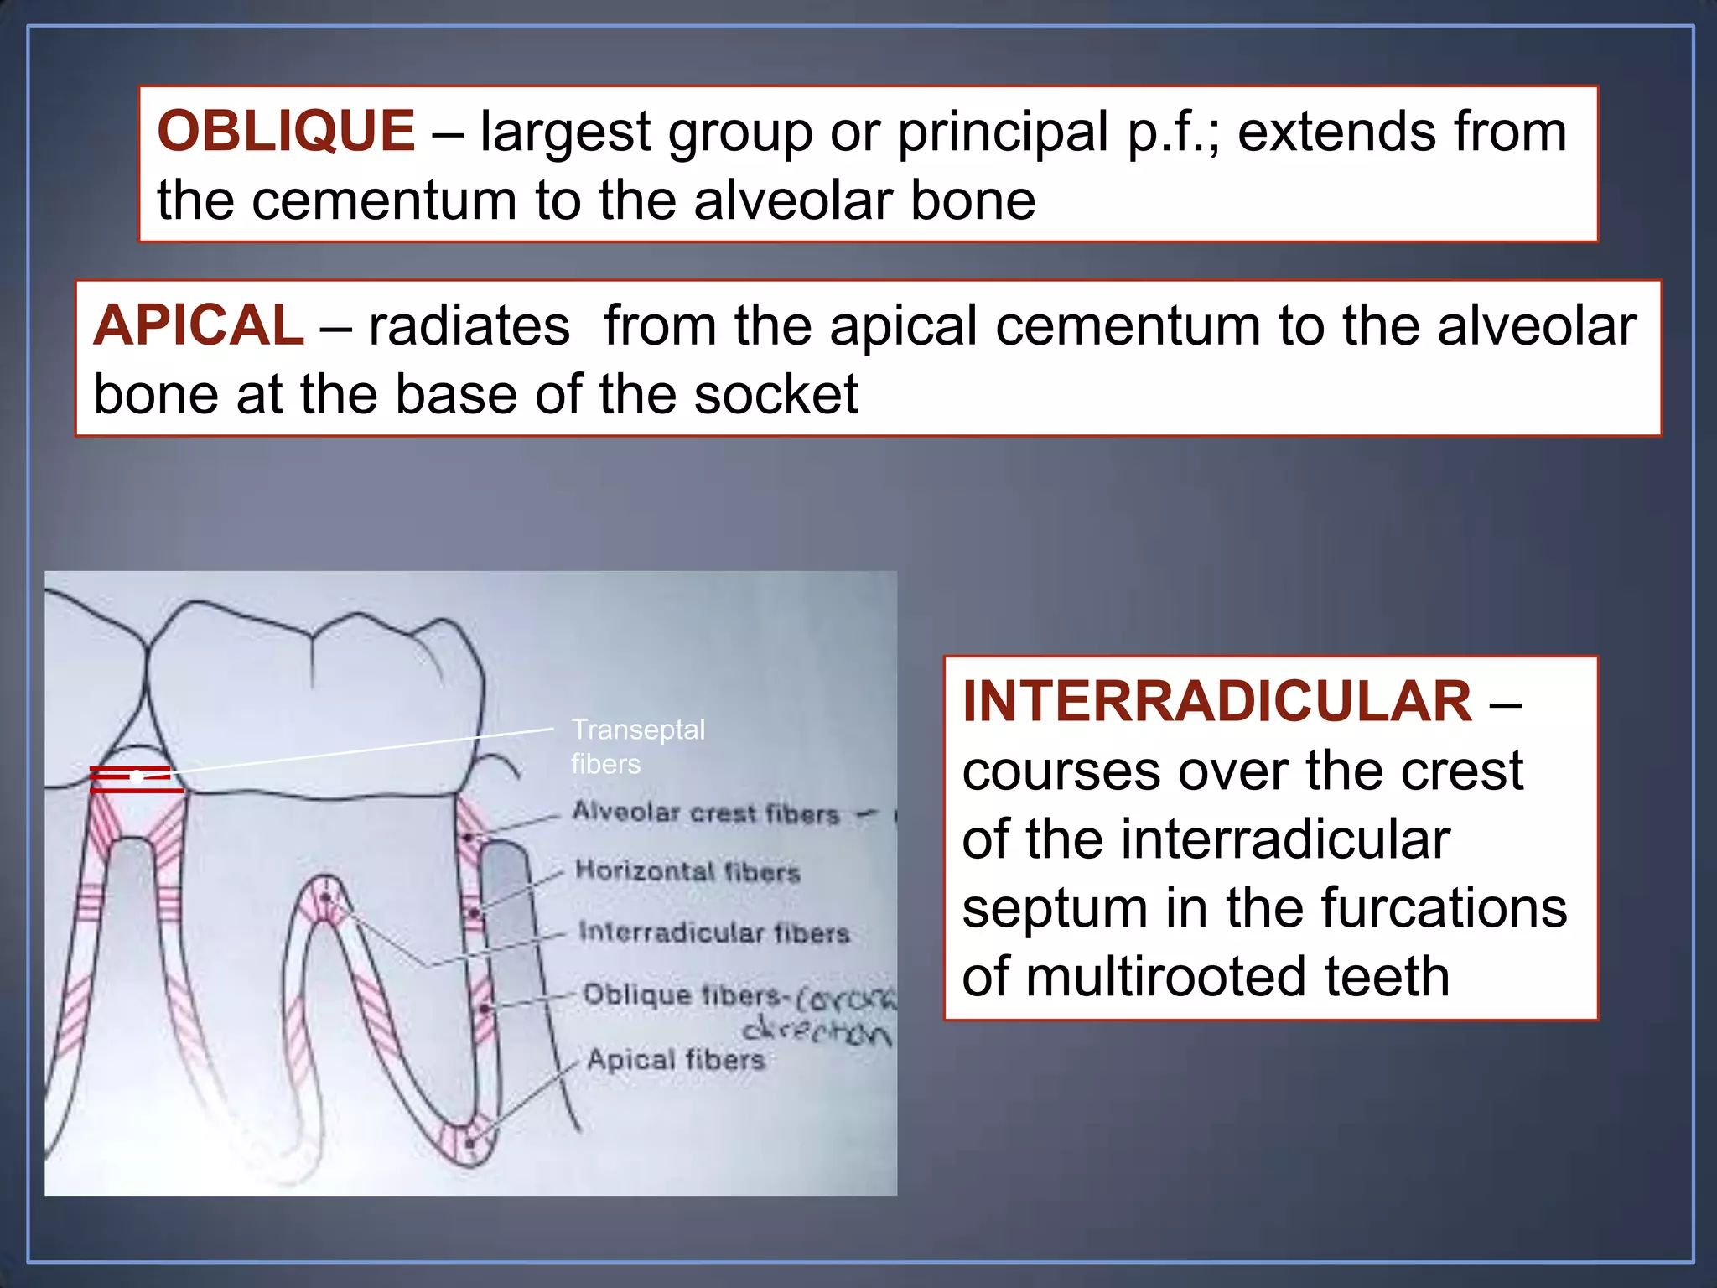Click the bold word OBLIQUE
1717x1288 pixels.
286,132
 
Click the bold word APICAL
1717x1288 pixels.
198,325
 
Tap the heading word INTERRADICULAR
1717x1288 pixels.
1216,701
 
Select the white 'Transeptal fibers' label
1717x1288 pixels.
637,746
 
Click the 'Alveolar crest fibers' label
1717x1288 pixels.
706,813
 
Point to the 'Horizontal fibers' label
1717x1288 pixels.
687,871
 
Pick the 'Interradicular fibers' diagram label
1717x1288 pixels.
713,932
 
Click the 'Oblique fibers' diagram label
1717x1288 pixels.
681,995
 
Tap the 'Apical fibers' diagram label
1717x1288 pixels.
676,1059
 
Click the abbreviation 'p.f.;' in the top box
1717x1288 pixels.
1173,132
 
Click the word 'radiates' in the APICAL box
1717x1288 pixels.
469,325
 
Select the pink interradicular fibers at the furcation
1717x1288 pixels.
325,904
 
